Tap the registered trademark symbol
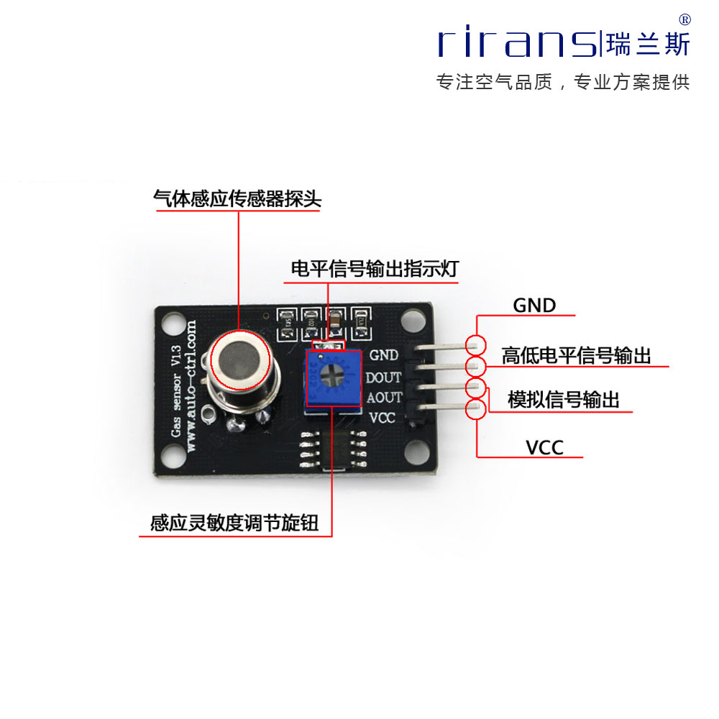pos(684,19)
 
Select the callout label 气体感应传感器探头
pos(237,199)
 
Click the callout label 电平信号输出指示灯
pos(374,270)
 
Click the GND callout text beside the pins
pos(534,306)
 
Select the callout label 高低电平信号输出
pos(576,356)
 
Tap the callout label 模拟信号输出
pos(564,400)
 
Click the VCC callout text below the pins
pos(544,448)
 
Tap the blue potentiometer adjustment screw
pos(332,376)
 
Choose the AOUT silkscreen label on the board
pos(384,397)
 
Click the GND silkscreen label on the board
pos(384,354)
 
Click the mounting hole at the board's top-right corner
pos(413,321)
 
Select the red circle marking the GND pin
pos(475,344)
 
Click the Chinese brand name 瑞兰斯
pos(648,44)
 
